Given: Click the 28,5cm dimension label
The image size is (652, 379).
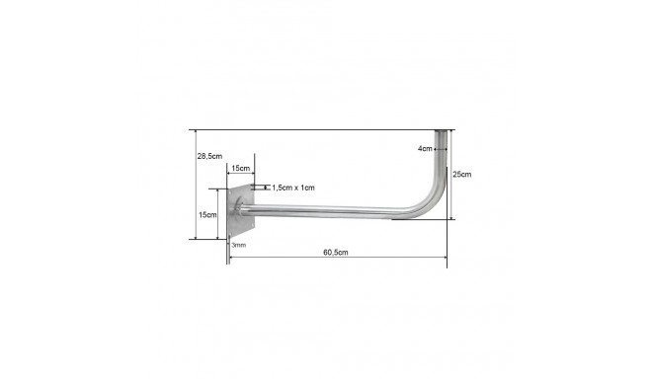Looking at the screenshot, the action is tap(209, 156).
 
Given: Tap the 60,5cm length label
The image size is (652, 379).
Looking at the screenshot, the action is tap(336, 253).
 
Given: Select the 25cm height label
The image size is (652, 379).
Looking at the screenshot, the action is tap(462, 174).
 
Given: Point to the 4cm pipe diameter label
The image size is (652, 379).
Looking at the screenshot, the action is tap(425, 148).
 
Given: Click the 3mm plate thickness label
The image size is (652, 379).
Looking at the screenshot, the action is tap(239, 245).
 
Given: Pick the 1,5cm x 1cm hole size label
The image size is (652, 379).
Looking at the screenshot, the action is tap(293, 188).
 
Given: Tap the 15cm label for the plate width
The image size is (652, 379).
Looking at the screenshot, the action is tap(241, 168).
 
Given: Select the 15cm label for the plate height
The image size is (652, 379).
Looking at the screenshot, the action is tap(207, 215).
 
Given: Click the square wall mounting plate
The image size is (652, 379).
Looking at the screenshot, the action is tap(241, 211).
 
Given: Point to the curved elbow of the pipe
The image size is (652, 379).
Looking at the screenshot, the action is tap(431, 200).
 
